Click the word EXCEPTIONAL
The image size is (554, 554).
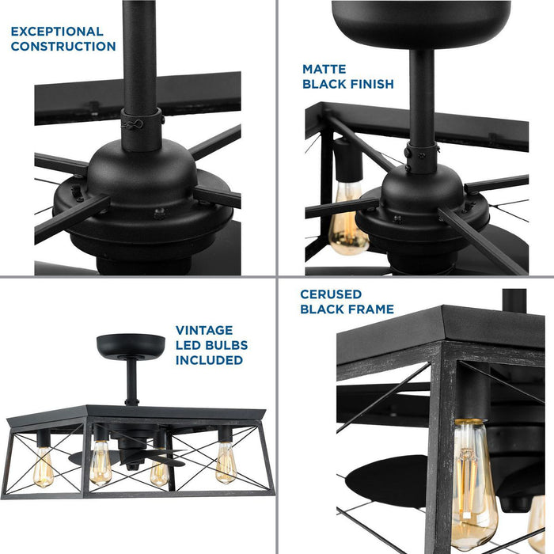point(57,32)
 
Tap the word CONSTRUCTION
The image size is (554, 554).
point(63,47)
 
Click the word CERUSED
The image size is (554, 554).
point(331,294)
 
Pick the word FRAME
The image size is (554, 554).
point(370,309)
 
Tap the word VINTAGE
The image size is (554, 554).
point(204,330)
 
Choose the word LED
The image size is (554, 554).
point(188,345)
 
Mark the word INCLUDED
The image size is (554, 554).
point(209,360)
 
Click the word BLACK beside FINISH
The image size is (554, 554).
point(323,84)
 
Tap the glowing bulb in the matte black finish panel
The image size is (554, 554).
point(348,218)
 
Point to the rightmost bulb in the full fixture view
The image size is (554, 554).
point(226,463)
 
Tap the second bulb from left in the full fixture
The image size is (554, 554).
point(101,465)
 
